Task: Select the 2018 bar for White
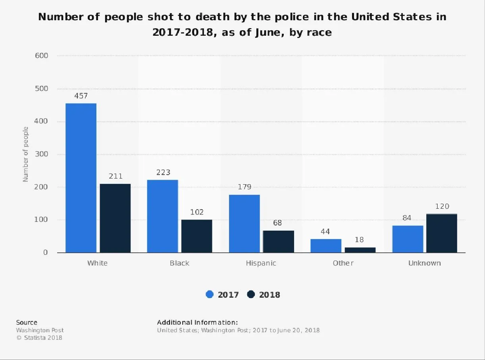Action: tap(115, 218)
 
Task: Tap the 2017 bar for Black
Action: tap(162, 216)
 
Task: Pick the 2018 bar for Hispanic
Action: tap(279, 241)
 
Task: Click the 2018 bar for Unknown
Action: tap(442, 233)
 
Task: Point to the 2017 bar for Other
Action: tap(326, 246)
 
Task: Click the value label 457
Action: tap(81, 96)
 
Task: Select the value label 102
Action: tap(197, 212)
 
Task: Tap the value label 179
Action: tap(244, 187)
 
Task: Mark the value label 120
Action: tap(442, 206)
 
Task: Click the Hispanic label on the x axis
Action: tap(261, 263)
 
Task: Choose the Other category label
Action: tap(343, 263)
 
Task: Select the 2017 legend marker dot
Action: tap(210, 295)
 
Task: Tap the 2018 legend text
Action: tap(269, 295)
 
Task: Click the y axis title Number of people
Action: tap(26, 154)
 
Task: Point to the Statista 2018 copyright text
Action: tap(39, 338)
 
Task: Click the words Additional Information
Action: tap(197, 322)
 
